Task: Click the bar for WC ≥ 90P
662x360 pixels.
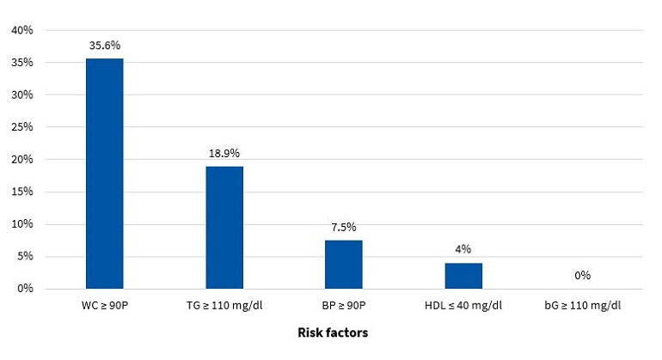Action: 104,174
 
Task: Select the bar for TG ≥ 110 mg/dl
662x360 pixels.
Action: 224,228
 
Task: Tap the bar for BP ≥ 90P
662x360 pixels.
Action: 343,265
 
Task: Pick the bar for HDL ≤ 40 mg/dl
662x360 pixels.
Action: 463,276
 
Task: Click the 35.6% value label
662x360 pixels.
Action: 104,46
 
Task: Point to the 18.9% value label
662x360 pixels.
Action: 224,153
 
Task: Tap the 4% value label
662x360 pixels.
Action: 463,250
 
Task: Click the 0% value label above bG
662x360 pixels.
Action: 582,276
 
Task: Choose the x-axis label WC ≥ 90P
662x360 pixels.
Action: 104,306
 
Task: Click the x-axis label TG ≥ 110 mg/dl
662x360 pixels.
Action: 224,306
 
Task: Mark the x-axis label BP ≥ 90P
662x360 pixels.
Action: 343,306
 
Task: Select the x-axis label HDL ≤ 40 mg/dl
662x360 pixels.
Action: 463,306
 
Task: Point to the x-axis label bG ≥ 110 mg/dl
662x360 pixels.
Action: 582,306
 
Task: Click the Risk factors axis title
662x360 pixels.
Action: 333,333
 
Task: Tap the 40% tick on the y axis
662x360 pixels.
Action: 21,30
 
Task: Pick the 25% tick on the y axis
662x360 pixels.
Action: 21,127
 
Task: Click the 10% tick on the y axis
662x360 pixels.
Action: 21,224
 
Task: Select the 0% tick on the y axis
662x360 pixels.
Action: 24,289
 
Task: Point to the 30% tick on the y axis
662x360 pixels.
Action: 21,95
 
